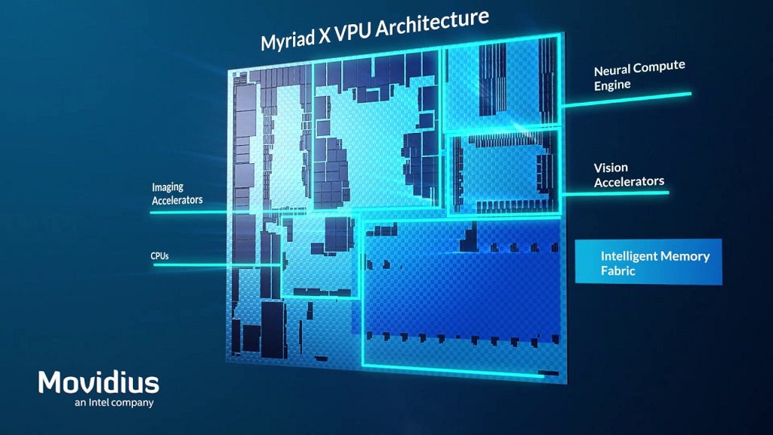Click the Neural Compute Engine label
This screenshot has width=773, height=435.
click(x=639, y=76)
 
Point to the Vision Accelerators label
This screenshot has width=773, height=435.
click(x=628, y=174)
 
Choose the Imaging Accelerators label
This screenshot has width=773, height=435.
click(x=177, y=193)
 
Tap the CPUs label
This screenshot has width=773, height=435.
click(x=159, y=256)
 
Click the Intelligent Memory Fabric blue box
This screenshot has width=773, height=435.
click(x=648, y=262)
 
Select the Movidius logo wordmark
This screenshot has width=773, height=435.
click(x=99, y=382)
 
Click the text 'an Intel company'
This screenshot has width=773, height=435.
click(x=114, y=403)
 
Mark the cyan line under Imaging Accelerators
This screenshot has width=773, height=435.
click(x=189, y=212)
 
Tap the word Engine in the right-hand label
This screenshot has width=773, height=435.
click(x=611, y=85)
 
